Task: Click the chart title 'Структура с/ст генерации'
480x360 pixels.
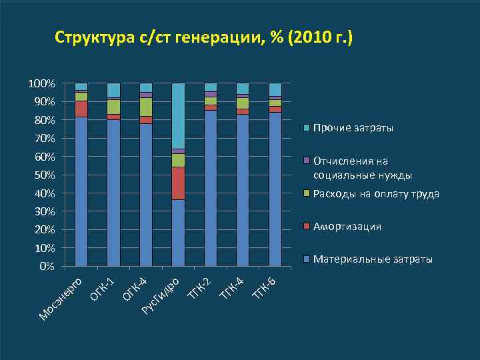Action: click(x=203, y=38)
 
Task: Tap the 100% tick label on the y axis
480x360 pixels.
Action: click(x=41, y=83)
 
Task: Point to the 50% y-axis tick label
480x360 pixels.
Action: click(x=44, y=175)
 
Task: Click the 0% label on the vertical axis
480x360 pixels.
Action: click(x=47, y=266)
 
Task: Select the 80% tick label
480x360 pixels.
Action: click(x=44, y=120)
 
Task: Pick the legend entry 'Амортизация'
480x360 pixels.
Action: click(x=347, y=227)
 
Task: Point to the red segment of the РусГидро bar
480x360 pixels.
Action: click(x=178, y=183)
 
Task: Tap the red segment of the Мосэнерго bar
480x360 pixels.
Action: click(x=81, y=109)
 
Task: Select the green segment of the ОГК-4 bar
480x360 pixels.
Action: click(x=146, y=107)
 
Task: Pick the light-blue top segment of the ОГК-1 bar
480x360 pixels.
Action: click(x=113, y=90)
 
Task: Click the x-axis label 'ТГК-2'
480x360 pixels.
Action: click(x=199, y=285)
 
